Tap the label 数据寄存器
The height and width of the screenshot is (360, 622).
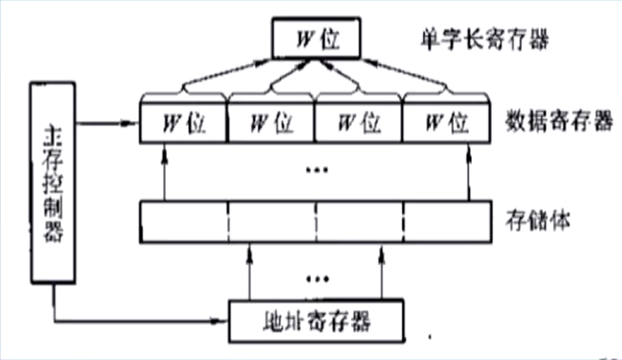[x=559, y=120]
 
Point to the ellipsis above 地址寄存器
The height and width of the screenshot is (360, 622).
[x=317, y=278]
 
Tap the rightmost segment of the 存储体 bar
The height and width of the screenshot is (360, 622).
[x=447, y=222]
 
